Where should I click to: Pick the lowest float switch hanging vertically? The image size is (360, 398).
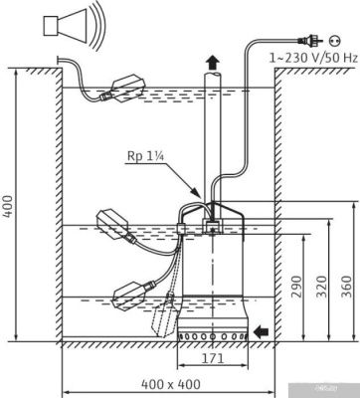[x=165, y=319]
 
